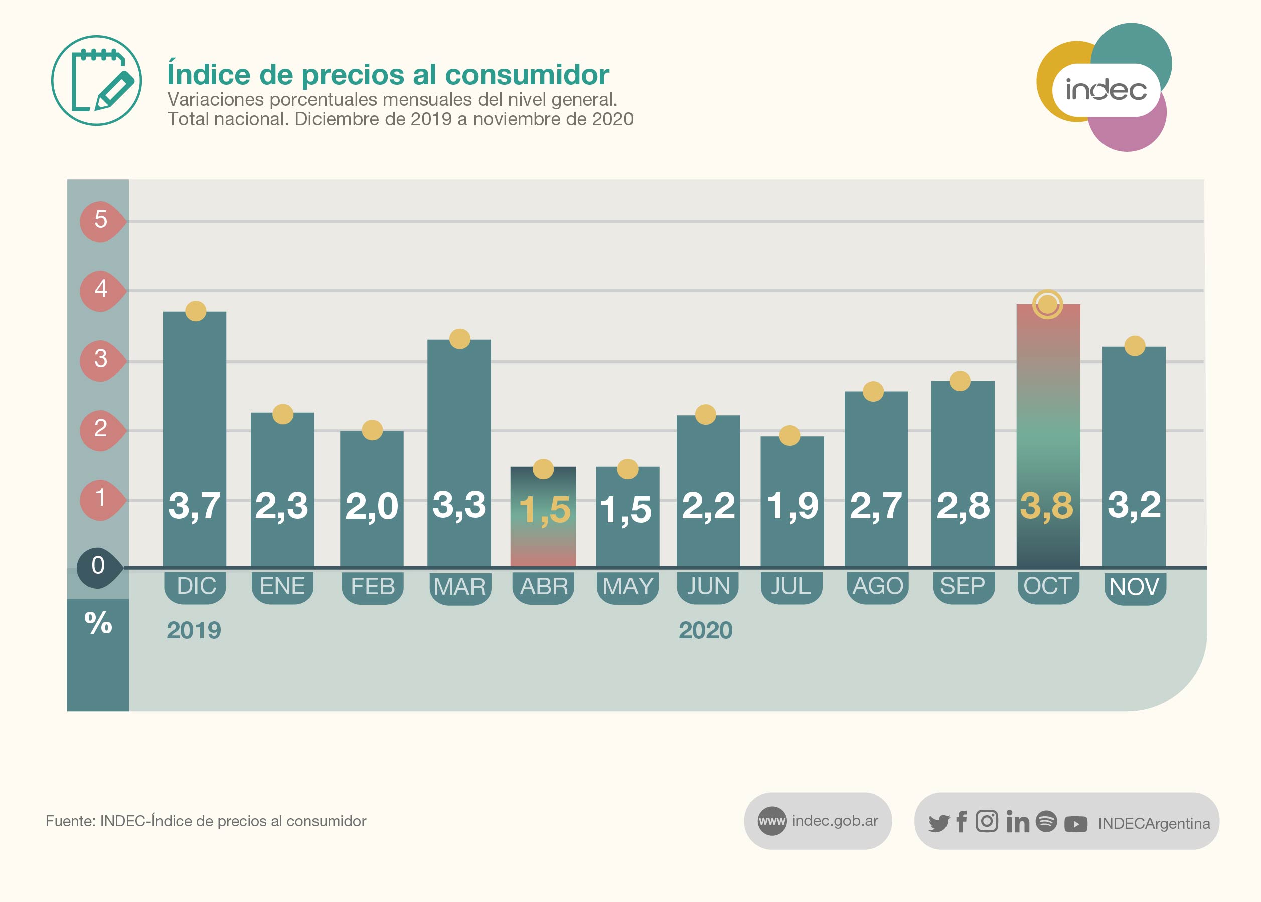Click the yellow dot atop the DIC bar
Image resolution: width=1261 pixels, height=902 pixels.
pos(196,311)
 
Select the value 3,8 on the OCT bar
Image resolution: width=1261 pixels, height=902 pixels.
pos(1047,506)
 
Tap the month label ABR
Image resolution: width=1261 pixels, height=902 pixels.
pos(544,587)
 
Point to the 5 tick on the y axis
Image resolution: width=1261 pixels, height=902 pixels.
pos(100,220)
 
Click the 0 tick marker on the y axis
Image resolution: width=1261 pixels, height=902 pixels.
pos(98,566)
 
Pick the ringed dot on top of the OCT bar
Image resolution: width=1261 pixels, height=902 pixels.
pos(1047,304)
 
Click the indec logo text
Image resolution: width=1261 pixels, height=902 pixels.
pos(1106,90)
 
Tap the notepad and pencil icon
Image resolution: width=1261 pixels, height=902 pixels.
pos(97,81)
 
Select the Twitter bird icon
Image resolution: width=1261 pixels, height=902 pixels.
pos(939,823)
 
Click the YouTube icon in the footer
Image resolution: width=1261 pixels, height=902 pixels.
pos(1075,824)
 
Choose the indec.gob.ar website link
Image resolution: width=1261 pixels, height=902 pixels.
pos(834,821)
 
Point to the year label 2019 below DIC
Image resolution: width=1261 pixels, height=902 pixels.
pos(194,630)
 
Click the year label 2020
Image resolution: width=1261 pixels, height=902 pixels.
pos(706,630)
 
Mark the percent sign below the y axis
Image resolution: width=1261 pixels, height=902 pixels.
pos(98,623)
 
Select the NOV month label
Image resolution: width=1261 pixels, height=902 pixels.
pos(1134,587)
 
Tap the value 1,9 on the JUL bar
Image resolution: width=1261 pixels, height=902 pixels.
pos(792,506)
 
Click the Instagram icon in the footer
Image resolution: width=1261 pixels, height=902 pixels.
pos(987,821)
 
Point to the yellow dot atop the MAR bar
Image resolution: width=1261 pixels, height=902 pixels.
pos(460,339)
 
